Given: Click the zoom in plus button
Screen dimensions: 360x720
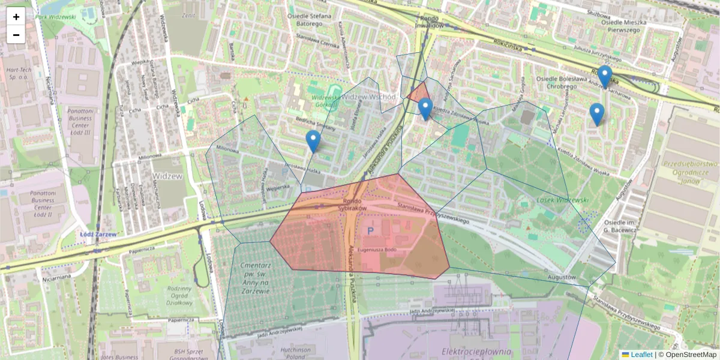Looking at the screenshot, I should (16, 17).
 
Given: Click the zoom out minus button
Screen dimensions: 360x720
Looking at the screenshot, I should (16, 35).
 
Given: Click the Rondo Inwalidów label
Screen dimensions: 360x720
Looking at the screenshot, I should (428, 22).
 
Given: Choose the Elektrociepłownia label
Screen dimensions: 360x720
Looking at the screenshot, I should (475, 351).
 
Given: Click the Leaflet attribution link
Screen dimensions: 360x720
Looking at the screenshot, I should (641, 355).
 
